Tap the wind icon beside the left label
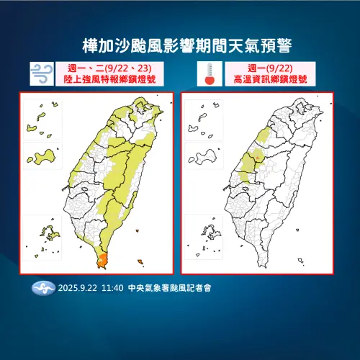[40, 72]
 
